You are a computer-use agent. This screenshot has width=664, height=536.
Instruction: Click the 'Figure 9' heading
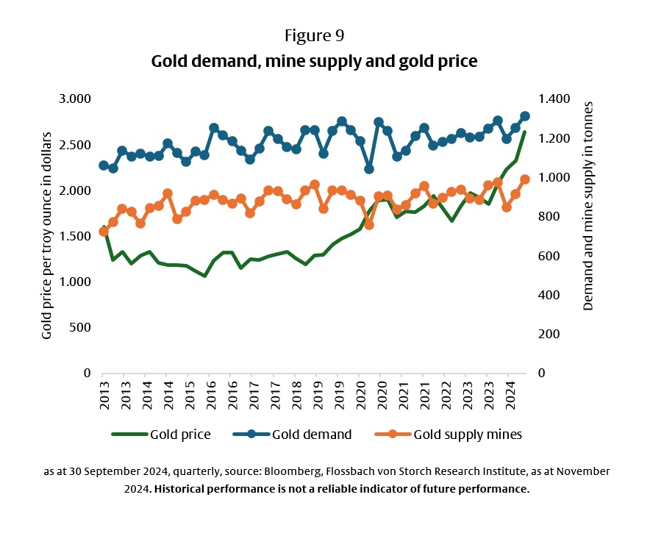coord(314,35)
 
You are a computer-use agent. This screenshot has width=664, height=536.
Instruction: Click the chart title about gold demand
coord(314,61)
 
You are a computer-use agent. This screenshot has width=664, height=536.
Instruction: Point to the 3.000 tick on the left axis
coord(74,99)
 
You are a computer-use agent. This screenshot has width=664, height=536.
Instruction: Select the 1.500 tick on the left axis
coord(74,236)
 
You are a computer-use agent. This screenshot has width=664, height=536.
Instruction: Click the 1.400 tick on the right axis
coord(554,99)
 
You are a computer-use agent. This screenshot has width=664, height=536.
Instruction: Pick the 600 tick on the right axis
coord(549,256)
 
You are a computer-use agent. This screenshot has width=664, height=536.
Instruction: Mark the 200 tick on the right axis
coord(549,334)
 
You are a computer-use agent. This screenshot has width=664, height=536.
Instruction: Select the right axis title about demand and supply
coord(588,206)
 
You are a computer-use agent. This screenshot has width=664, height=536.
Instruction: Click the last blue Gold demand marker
coord(525,116)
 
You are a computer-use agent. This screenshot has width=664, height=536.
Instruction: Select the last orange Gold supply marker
coord(525,179)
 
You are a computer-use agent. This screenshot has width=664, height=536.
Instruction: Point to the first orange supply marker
coord(104,232)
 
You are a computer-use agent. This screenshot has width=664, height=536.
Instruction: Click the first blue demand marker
coord(104,165)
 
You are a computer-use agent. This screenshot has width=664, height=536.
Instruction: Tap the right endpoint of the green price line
coord(525,132)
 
